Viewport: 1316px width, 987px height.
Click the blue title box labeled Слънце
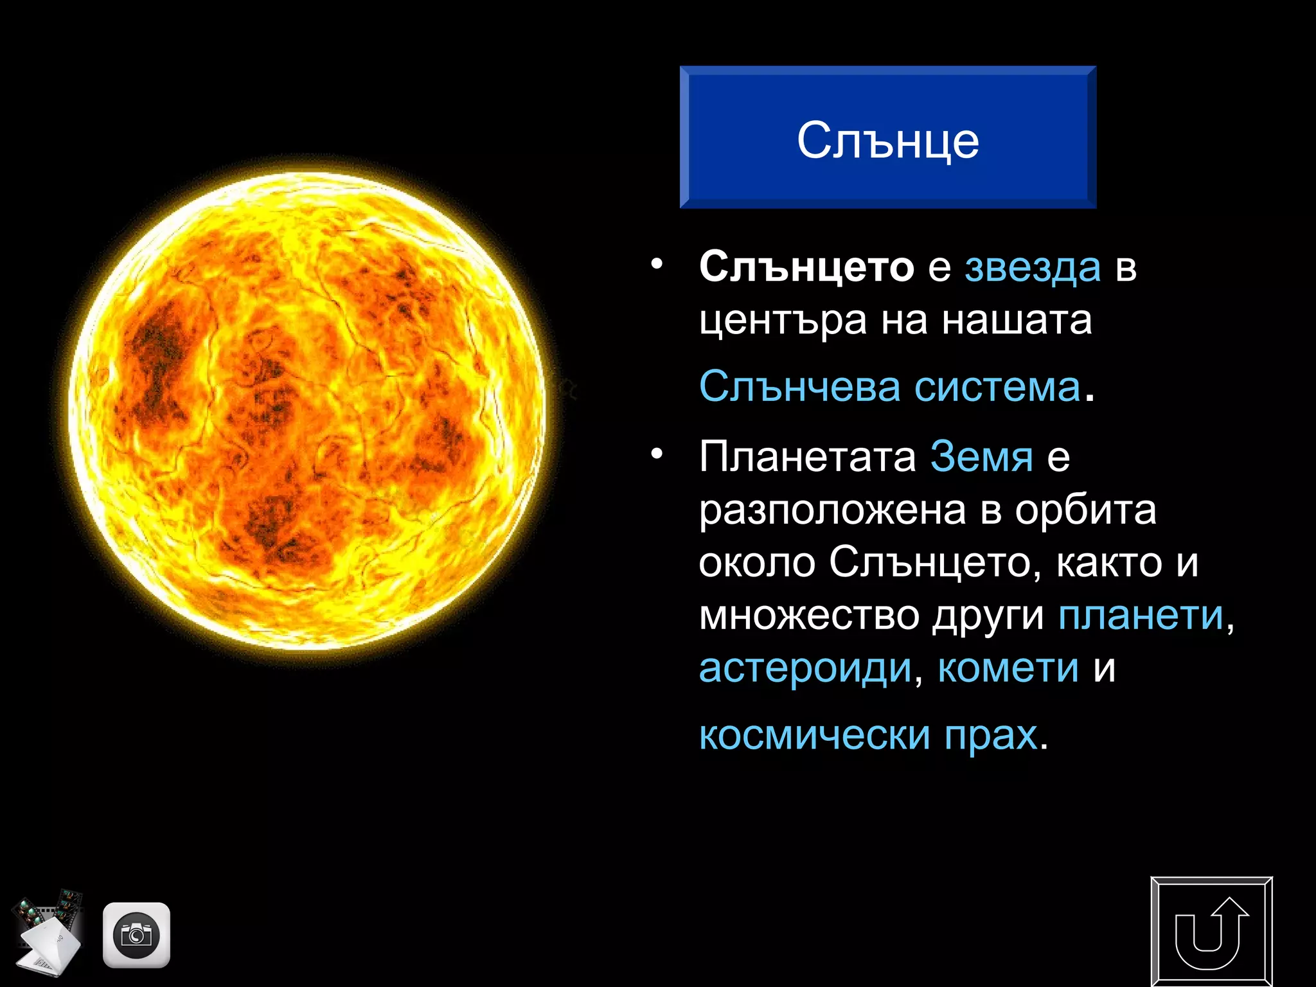coord(887,138)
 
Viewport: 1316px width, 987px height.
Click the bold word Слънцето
coord(806,267)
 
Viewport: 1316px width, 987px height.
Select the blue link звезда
coord(1033,267)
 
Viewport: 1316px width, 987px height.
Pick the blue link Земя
coord(981,457)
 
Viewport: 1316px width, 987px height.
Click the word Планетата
coord(807,457)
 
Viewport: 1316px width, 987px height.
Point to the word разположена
coord(832,511)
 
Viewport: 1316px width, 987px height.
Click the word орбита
coord(1085,510)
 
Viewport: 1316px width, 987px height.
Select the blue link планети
coord(1141,616)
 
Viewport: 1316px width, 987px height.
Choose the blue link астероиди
coord(805,668)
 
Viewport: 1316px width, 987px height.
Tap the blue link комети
coord(1008,668)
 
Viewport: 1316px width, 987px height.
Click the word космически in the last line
coord(814,735)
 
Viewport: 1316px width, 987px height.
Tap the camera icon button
coord(136,935)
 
